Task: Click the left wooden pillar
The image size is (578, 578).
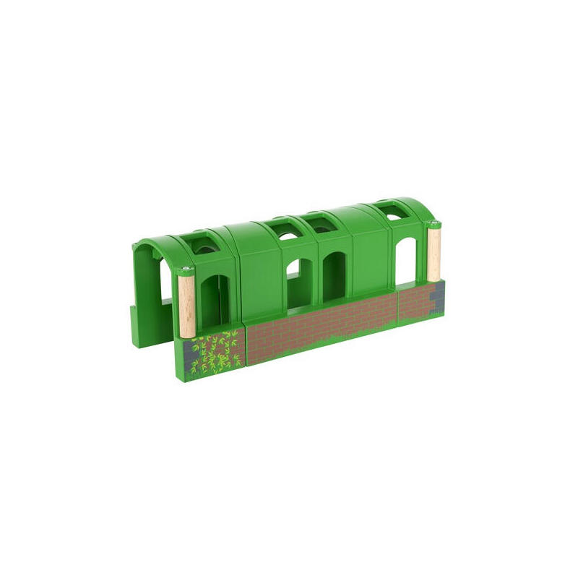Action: pos(184,303)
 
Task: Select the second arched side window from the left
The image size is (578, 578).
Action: pos(294,282)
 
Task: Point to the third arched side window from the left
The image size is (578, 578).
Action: pos(333,279)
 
